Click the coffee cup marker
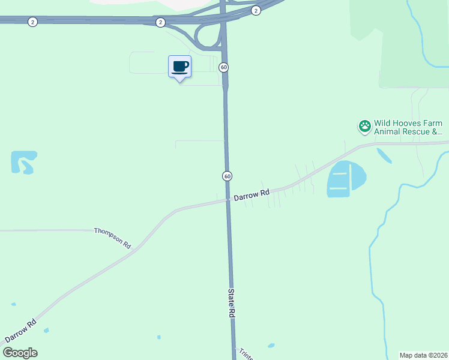coord(179,67)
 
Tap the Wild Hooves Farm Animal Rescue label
coord(408,127)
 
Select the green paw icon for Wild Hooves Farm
coord(364,127)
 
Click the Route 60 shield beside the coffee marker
coord(223,67)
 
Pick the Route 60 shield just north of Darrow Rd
coord(227,176)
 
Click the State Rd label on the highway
coord(231,303)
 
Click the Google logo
coord(20,353)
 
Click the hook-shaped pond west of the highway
coord(23,161)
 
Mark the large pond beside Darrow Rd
coord(346,178)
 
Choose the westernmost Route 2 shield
coord(32,22)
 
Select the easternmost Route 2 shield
coord(256,10)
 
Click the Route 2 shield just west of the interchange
coord(160,22)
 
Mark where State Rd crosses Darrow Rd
coord(228,200)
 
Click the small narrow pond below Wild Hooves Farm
coord(384,155)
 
